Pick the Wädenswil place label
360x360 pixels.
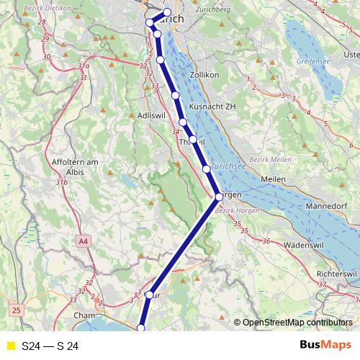tap(302, 246)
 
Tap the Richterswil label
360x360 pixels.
tap(337, 275)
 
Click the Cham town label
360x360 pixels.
tap(85, 315)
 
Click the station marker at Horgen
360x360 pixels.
tap(219, 196)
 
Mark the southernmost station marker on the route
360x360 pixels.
tap(141, 328)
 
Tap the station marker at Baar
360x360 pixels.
tap(150, 294)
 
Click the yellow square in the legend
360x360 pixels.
tap(9, 346)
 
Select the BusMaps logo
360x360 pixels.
tap(325, 346)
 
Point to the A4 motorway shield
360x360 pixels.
tap(84, 240)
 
